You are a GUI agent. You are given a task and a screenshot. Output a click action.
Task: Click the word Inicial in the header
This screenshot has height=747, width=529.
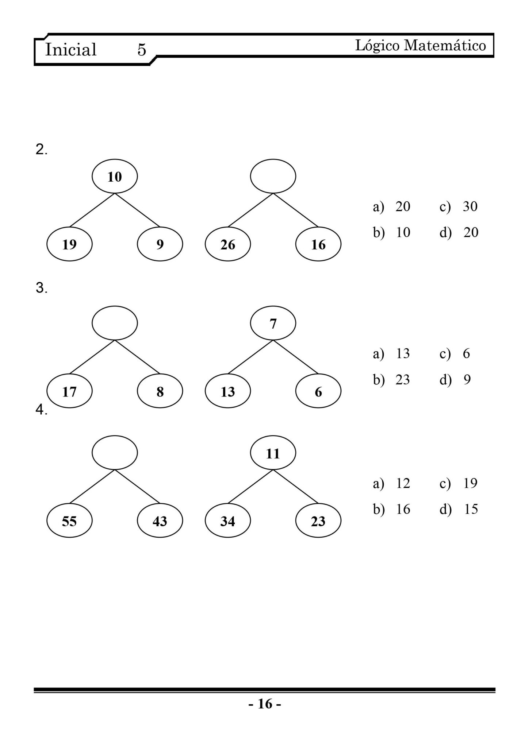click(70, 49)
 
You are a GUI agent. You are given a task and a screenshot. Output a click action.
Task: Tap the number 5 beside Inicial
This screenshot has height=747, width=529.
click(142, 50)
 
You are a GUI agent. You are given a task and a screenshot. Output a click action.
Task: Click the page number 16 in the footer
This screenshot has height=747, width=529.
click(265, 704)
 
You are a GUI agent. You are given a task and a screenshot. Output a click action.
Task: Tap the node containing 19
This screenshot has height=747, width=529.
click(69, 244)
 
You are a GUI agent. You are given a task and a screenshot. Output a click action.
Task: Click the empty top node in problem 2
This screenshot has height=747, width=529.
click(273, 176)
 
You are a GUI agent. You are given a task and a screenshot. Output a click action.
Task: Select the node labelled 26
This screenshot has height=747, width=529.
click(228, 244)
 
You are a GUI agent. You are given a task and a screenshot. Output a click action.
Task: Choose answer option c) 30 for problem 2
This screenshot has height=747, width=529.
click(459, 206)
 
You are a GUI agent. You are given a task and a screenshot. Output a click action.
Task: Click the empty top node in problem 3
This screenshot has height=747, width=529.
click(115, 323)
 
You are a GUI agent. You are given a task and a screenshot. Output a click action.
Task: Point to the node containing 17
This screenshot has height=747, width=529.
click(69, 391)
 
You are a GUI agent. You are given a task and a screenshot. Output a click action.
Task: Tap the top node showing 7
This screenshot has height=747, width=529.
click(273, 323)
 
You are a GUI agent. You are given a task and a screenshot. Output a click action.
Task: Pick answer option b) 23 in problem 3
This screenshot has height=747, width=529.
click(391, 380)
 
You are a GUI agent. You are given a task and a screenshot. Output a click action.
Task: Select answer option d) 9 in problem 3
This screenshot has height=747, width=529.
click(455, 380)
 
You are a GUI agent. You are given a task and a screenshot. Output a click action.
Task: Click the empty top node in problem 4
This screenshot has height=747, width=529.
click(115, 453)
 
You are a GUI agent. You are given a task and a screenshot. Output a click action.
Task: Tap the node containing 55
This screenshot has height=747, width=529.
click(69, 521)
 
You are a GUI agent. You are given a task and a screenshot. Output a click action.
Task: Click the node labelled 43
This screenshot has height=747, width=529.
click(160, 521)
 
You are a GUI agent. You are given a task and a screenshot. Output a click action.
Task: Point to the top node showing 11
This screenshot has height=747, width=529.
click(273, 453)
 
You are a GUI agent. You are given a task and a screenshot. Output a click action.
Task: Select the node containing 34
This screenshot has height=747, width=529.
click(228, 521)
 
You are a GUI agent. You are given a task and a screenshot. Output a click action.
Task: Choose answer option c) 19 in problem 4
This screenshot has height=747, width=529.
click(459, 483)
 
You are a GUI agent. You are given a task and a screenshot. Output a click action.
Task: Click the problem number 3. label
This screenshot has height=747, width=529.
click(41, 288)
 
